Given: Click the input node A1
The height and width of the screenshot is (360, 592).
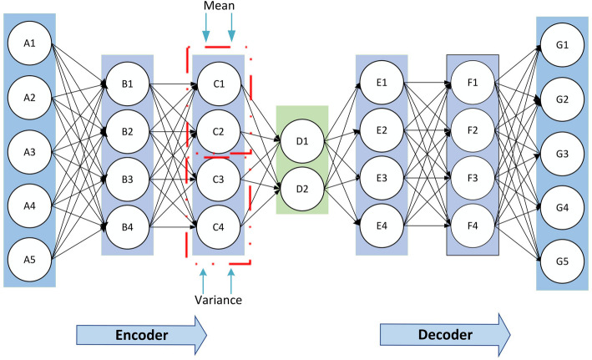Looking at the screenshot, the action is point(29,43).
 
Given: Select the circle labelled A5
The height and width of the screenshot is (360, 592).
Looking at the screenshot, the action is point(29,260).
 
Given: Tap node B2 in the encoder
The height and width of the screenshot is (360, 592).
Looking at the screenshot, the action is point(127,132).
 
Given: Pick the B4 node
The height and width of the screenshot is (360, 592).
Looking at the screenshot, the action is point(127,227).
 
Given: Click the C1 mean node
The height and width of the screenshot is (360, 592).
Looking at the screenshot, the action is point(219,84).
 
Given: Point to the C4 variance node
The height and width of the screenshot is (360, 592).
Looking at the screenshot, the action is point(218,227).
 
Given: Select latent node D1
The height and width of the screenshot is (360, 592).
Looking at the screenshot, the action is point(302,141).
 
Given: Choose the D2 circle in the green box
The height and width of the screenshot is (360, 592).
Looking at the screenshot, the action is point(302,189).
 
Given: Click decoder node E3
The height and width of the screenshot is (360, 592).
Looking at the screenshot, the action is point(382,178).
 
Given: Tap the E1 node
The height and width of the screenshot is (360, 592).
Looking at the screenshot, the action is point(382,83).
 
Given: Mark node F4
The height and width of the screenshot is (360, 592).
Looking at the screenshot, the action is point(473,226).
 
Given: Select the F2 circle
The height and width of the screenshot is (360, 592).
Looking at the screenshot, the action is point(473,130).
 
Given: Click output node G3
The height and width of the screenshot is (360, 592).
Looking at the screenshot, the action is point(562,154).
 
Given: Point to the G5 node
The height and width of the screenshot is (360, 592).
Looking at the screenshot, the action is point(562,261).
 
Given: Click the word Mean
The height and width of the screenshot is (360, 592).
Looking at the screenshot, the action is point(219,6).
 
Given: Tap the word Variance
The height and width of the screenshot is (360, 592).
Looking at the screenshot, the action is point(218,300).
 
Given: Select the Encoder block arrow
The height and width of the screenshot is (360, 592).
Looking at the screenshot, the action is point(142,335).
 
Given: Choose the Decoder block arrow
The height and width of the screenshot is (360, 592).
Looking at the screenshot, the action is point(445,335).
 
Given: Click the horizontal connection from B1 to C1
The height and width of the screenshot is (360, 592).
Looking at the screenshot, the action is point(174,84).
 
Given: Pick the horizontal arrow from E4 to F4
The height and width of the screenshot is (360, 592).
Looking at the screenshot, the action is point(428,226).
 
